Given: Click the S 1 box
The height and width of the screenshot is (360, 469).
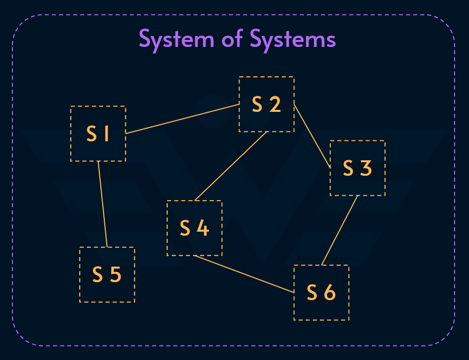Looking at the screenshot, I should (98, 134).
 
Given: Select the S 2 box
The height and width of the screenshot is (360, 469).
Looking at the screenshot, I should (266, 104).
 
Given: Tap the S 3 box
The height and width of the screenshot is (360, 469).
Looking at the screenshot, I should (357, 168).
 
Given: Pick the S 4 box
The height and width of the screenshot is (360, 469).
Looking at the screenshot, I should (194, 228).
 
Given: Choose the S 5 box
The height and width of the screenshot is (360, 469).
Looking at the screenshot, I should (107, 275).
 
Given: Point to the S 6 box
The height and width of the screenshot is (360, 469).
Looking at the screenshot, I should (321, 293).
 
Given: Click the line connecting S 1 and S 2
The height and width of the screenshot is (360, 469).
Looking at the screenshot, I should (182, 119).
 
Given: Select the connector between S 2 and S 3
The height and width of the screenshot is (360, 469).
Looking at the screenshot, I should (312, 136).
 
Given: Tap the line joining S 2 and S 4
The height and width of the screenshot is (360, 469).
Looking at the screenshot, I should (231, 166).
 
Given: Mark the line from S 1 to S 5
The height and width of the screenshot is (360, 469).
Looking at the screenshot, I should (102, 204).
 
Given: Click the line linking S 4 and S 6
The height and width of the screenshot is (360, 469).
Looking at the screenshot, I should (244, 274).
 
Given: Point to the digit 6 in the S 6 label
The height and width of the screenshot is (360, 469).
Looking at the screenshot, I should (329, 293).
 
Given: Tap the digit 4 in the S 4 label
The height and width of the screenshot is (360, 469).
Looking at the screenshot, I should (202, 228).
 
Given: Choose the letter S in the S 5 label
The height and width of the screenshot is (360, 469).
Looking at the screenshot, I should (98, 275).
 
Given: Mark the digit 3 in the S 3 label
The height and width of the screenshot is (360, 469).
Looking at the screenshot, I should (366, 168).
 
